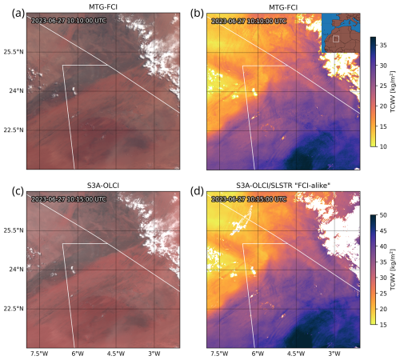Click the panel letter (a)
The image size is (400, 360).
point(9,8)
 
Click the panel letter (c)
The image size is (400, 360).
point(9,188)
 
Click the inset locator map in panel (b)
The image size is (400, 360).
point(340,34)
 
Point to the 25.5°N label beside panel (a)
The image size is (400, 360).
point(14,50)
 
